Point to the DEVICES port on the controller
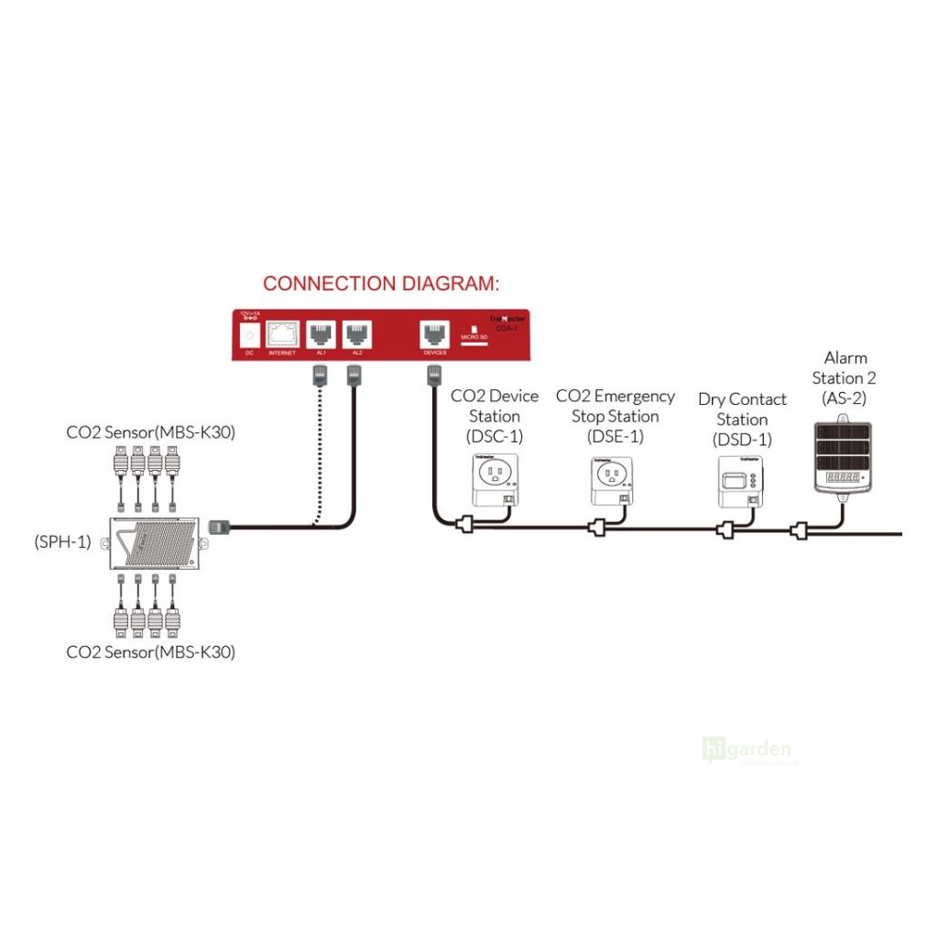[x=434, y=333]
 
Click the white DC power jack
[x=246, y=334]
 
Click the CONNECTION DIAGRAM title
[x=381, y=283]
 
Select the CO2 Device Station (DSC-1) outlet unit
[x=495, y=479]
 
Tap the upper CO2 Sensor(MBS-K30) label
[x=150, y=431]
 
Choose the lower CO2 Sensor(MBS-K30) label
[x=150, y=652]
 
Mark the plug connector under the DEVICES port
[x=434, y=374]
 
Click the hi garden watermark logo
[x=747, y=751]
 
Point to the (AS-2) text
[x=845, y=398]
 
